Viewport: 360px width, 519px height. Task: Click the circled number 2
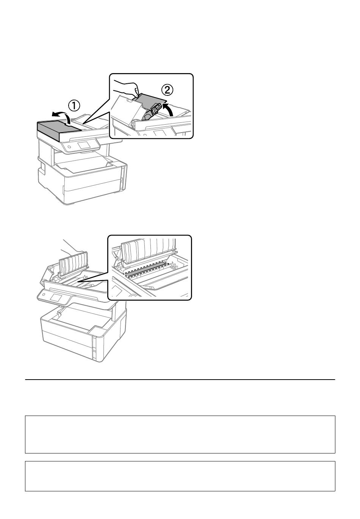(x=167, y=90)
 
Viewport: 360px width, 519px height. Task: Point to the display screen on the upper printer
(x=84, y=145)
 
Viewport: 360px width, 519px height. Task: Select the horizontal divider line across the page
(x=180, y=380)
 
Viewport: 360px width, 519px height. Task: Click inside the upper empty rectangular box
(x=180, y=435)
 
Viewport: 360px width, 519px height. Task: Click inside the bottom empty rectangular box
(x=180, y=476)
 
